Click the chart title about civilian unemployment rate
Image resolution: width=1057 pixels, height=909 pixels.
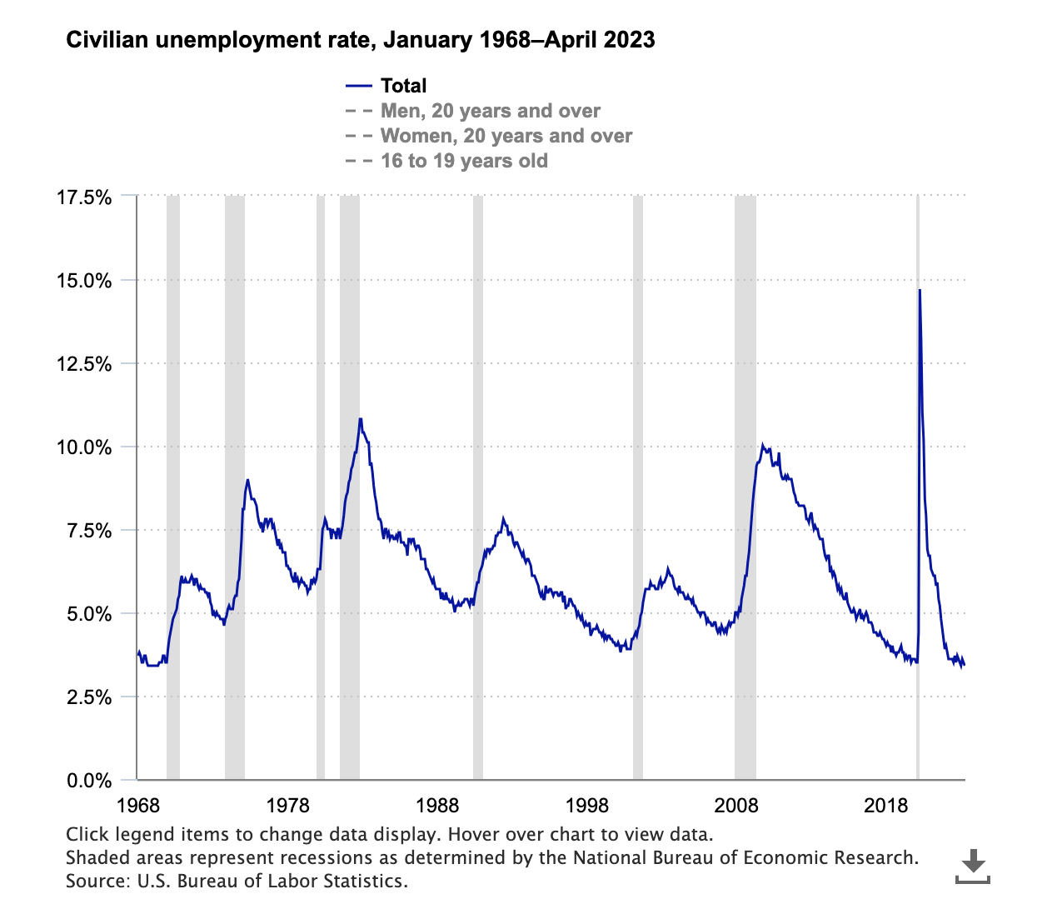point(360,40)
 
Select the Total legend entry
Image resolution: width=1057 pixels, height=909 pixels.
point(403,86)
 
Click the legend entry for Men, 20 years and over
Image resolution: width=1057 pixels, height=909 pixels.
point(490,111)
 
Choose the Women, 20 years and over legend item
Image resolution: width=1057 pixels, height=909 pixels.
point(506,136)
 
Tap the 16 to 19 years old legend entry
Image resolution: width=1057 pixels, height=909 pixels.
point(464,161)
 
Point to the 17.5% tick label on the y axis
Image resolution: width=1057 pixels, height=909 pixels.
point(84,197)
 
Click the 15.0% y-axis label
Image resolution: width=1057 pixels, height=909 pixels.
point(84,281)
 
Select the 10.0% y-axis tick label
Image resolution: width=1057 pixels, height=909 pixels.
point(84,447)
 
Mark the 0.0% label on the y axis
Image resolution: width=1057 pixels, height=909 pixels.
point(88,781)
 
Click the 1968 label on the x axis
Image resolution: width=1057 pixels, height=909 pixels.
point(137,806)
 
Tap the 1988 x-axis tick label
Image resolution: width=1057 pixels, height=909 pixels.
point(437,806)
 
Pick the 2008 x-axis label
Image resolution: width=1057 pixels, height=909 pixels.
point(736,806)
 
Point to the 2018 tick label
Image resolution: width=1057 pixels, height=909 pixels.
point(885,806)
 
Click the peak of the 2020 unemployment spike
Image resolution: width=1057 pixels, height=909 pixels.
point(920,290)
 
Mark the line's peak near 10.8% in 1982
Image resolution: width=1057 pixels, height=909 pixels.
point(360,419)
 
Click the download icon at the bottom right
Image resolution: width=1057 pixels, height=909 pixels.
point(972,867)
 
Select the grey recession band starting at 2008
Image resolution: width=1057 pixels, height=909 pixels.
point(745,500)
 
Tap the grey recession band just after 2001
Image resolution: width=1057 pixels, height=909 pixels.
point(638,500)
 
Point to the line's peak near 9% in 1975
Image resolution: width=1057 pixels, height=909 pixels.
point(247,480)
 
